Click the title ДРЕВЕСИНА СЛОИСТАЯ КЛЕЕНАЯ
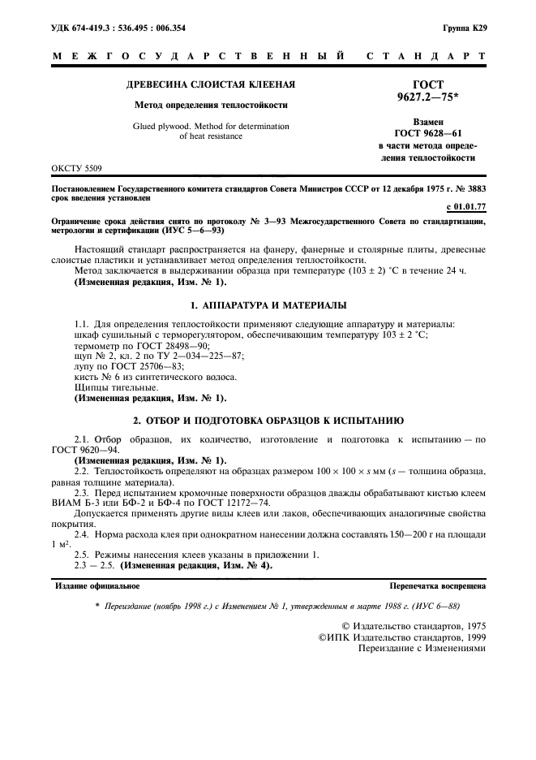pyautogui.click(x=210, y=84)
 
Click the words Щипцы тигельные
pyautogui.click(x=110, y=387)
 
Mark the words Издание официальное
pyautogui.click(x=96, y=585)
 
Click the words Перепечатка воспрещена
pyautogui.click(x=437, y=585)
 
